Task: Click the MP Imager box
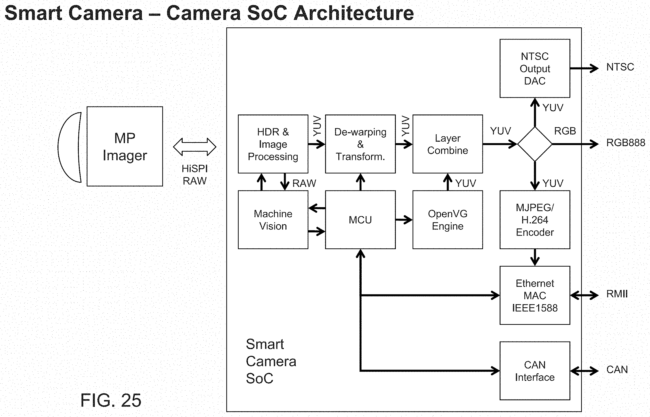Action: click(x=125, y=146)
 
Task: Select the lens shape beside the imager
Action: click(x=69, y=147)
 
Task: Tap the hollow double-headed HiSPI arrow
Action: click(x=195, y=147)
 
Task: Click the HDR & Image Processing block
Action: click(x=273, y=144)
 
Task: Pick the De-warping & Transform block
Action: click(x=360, y=144)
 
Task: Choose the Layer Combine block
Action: click(x=447, y=144)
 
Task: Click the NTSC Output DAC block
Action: click(x=535, y=68)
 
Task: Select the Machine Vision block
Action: click(x=273, y=220)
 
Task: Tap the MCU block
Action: click(x=360, y=220)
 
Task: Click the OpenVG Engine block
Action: click(x=447, y=220)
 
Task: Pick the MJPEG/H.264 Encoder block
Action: click(x=535, y=220)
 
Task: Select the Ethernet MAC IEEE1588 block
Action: click(x=535, y=295)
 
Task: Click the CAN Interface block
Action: click(x=535, y=371)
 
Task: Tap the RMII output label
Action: click(x=617, y=294)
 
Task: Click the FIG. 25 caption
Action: click(x=111, y=400)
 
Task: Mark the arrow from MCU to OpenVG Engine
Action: click(x=404, y=220)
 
